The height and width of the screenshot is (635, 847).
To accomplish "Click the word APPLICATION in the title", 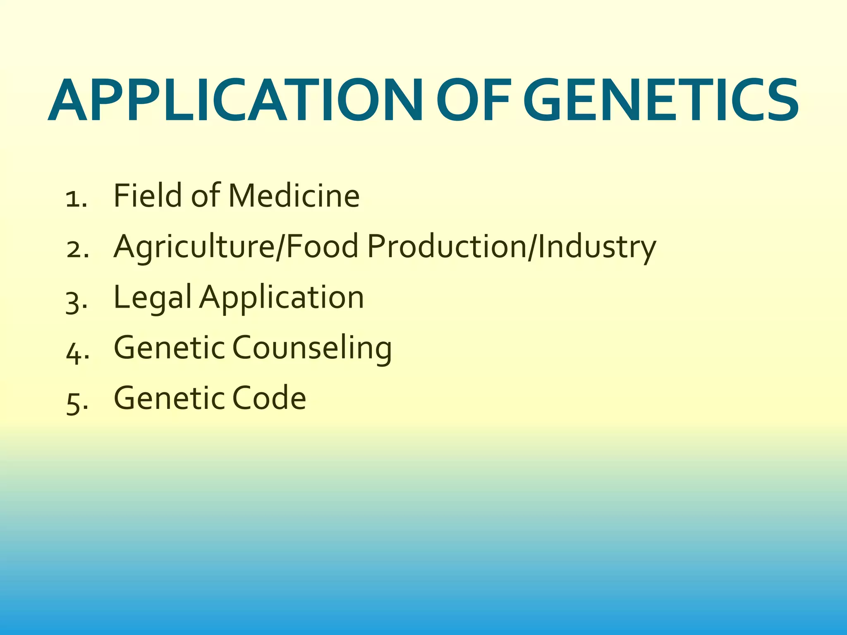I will (x=235, y=100).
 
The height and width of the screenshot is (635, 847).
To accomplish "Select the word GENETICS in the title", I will (x=660, y=100).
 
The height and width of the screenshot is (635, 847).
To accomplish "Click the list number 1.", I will (x=76, y=198).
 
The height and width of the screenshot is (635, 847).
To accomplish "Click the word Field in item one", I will (x=148, y=195).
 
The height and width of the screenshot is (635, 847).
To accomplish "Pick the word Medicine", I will (x=294, y=195).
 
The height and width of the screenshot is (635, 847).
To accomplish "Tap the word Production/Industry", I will (x=512, y=247).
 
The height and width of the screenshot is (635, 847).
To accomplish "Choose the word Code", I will (x=269, y=398).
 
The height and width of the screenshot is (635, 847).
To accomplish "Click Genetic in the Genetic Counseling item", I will (x=169, y=348).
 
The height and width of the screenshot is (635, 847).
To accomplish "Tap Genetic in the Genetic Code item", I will (x=169, y=398).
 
